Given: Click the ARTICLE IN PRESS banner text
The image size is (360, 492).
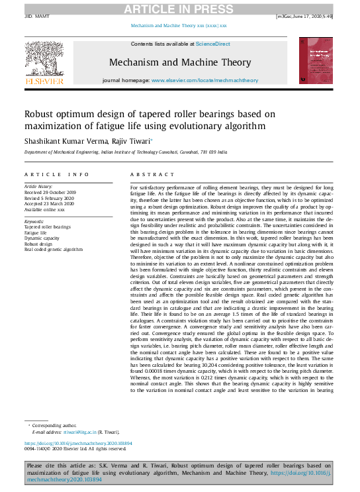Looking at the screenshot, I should click(179, 8).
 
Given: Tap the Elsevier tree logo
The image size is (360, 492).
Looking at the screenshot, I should click(44, 60).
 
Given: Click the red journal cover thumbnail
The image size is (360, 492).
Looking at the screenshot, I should click(315, 60).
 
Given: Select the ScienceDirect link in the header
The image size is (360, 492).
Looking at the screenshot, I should click(213, 44).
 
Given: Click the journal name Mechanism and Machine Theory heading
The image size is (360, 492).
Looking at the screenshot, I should click(180, 63).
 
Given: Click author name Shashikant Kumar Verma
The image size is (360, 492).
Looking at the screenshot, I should click(66, 140).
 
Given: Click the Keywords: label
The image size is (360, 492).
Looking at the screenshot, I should click(34, 221).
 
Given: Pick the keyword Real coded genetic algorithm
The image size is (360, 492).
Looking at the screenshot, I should click(54, 250).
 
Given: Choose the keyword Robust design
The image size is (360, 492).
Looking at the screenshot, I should click(40, 244).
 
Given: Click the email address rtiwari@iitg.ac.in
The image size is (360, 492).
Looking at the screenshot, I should click(83, 432).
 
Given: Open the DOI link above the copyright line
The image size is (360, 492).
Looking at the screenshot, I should click(78, 443).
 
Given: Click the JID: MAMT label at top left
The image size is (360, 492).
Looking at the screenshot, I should click(36, 15).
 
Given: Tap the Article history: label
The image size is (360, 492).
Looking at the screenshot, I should click(40, 187).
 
